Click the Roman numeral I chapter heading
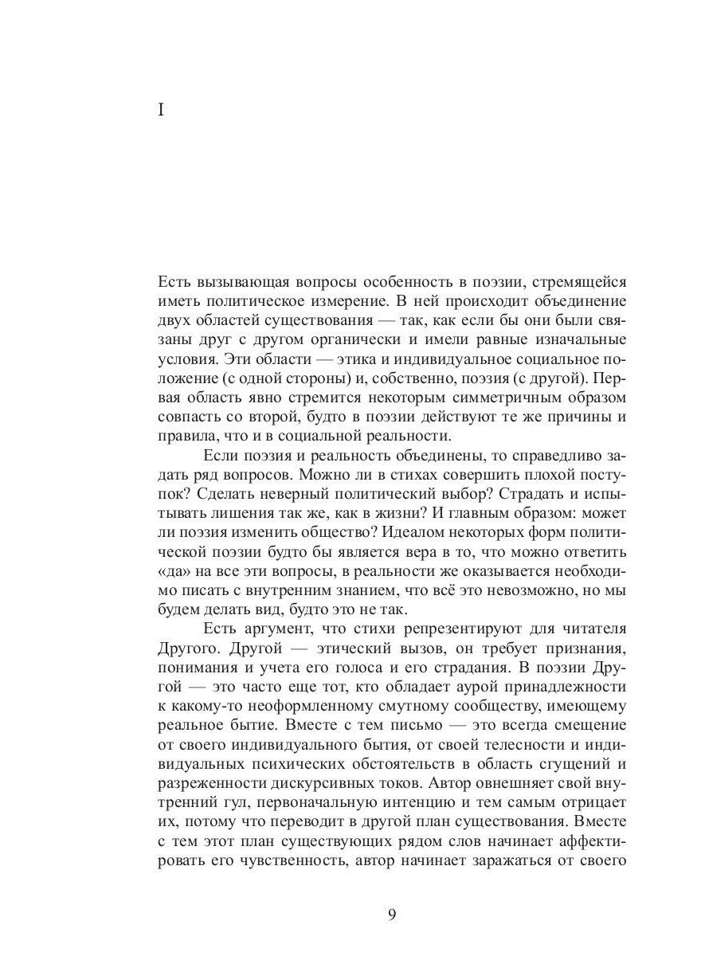pos(161,111)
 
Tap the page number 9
pos(391,914)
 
